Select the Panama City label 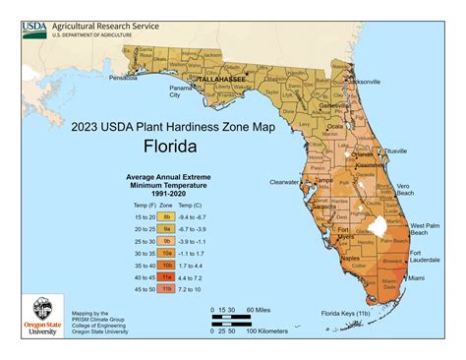pos(180,91)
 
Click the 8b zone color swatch pos(167,214)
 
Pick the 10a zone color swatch pos(167,253)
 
